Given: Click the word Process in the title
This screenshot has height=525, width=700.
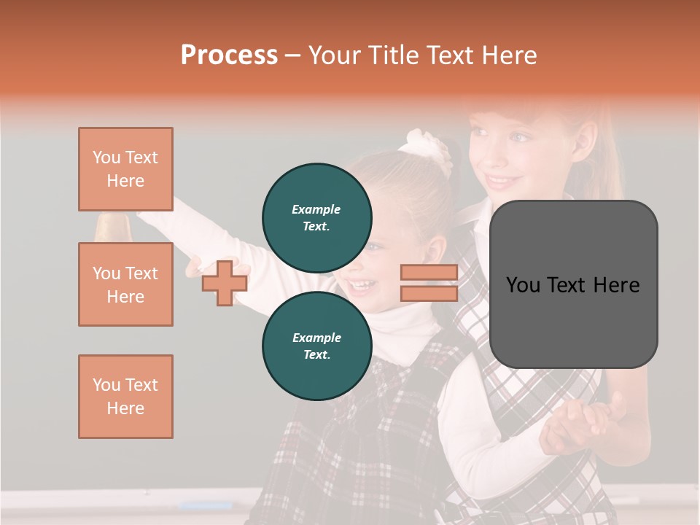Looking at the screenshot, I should pyautogui.click(x=229, y=55).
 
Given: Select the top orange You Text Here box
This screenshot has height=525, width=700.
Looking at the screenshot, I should pyautogui.click(x=125, y=169).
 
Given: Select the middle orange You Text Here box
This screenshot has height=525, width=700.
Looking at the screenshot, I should pyautogui.click(x=125, y=284).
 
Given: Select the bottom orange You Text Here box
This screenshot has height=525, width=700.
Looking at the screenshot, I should pyautogui.click(x=125, y=397).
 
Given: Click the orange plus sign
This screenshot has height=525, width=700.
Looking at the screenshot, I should pyautogui.click(x=225, y=283).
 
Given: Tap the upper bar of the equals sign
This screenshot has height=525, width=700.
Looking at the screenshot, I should pyautogui.click(x=429, y=273).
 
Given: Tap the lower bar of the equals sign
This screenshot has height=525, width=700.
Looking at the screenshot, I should pyautogui.click(x=429, y=293).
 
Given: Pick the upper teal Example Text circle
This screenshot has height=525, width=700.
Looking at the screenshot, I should pyautogui.click(x=317, y=218).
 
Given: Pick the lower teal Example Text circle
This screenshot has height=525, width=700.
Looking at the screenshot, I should pyautogui.click(x=317, y=346).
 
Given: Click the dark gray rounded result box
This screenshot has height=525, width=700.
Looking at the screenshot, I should pyautogui.click(x=573, y=284).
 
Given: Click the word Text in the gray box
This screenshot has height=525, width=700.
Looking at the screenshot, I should pyautogui.click(x=572, y=285).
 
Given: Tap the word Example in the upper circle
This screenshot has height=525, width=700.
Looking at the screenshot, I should pyautogui.click(x=316, y=209).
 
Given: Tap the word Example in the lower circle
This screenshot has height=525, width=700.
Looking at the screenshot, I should pyautogui.click(x=316, y=338).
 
